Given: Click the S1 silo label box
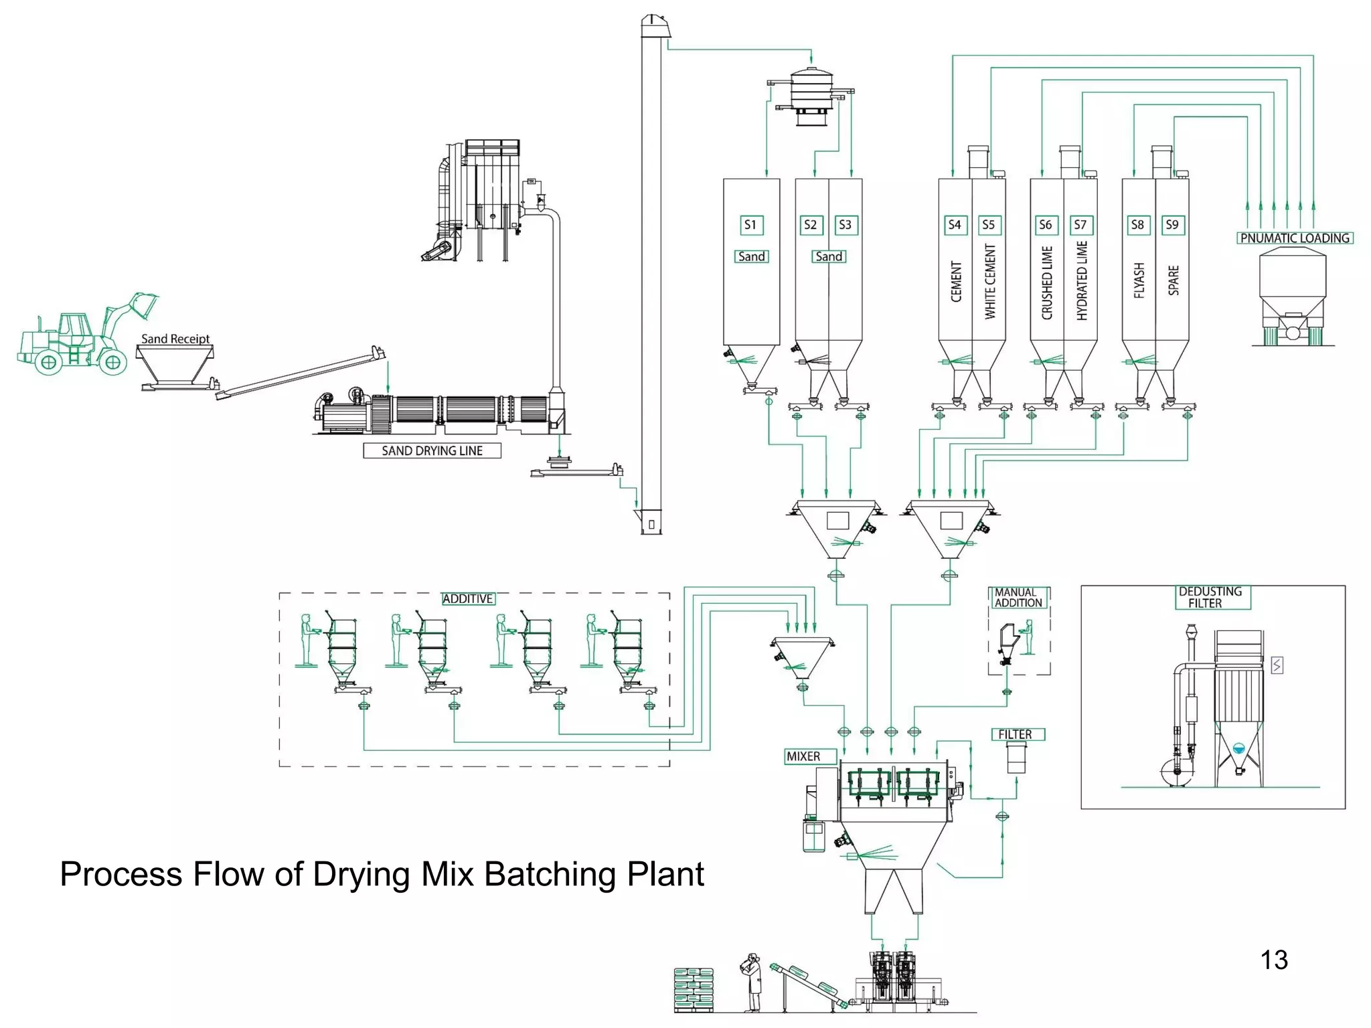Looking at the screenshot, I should (750, 225).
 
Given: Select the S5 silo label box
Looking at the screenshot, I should (989, 225).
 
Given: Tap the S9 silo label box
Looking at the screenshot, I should (1172, 225).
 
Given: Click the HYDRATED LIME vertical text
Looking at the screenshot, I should (1082, 281).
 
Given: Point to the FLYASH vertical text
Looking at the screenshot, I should (1139, 280).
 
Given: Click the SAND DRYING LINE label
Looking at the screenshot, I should (432, 450).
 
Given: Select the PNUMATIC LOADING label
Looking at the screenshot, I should (1294, 238).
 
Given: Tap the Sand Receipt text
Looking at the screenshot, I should (175, 339).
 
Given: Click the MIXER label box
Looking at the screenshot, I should (804, 756).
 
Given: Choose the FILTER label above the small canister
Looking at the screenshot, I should (1016, 734).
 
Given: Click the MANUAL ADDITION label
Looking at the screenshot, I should (1018, 598).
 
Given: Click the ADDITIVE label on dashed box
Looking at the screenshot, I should (468, 599).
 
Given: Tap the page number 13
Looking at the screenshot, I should (1274, 960).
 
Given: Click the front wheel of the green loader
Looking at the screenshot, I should (112, 363).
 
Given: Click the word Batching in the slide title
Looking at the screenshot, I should (549, 874).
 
